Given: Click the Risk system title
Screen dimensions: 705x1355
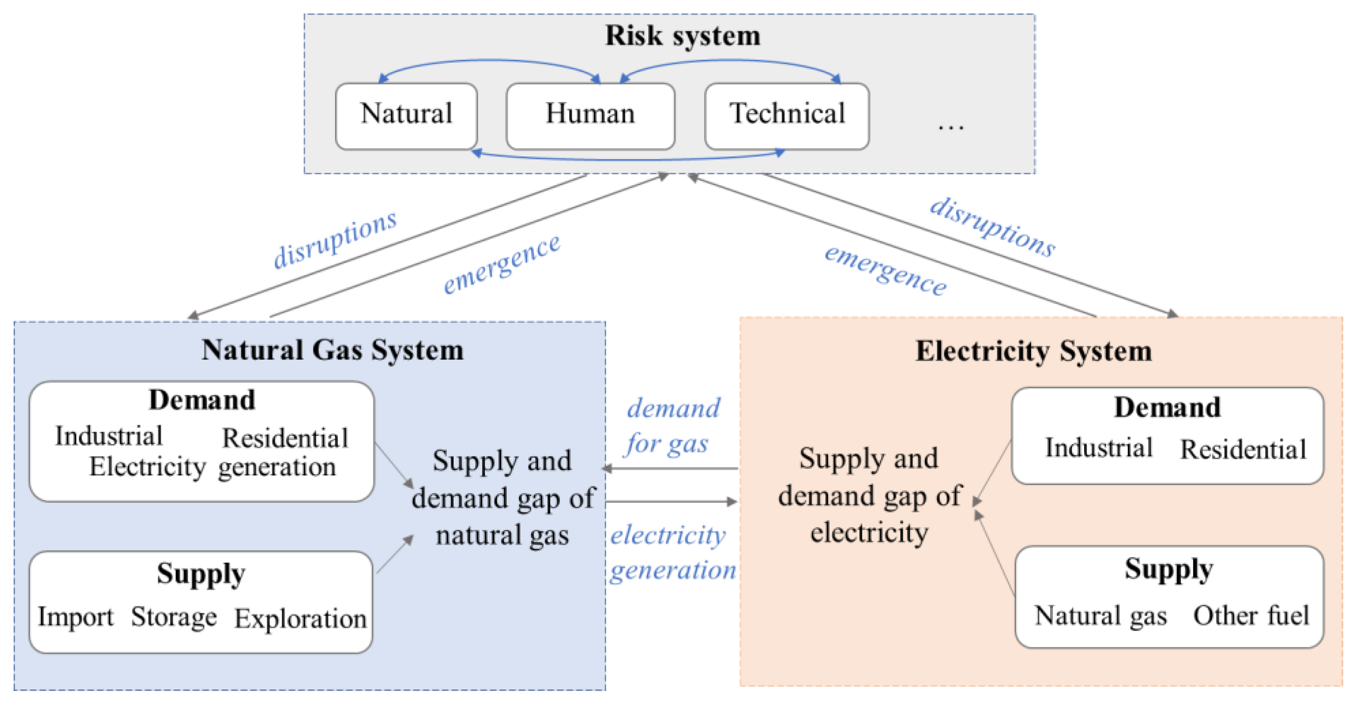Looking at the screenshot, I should point(682,36).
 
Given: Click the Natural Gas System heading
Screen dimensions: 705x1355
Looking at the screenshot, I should point(333,350).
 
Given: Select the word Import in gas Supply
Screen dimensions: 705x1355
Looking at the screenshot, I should point(75,617).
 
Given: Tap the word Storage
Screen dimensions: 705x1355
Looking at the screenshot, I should point(174,617).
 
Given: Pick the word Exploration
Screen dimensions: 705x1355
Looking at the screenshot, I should point(300,619).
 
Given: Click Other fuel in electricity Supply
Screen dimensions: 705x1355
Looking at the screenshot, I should point(1250,616).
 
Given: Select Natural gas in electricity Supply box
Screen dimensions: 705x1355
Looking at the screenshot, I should point(1101,616).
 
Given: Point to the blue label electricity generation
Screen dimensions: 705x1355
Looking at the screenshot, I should point(672,553).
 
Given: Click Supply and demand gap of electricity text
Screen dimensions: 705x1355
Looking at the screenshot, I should point(870,495).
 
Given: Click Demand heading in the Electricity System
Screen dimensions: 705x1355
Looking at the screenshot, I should point(1167,406).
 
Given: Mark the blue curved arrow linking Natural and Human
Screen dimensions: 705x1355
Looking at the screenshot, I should point(489,62).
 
